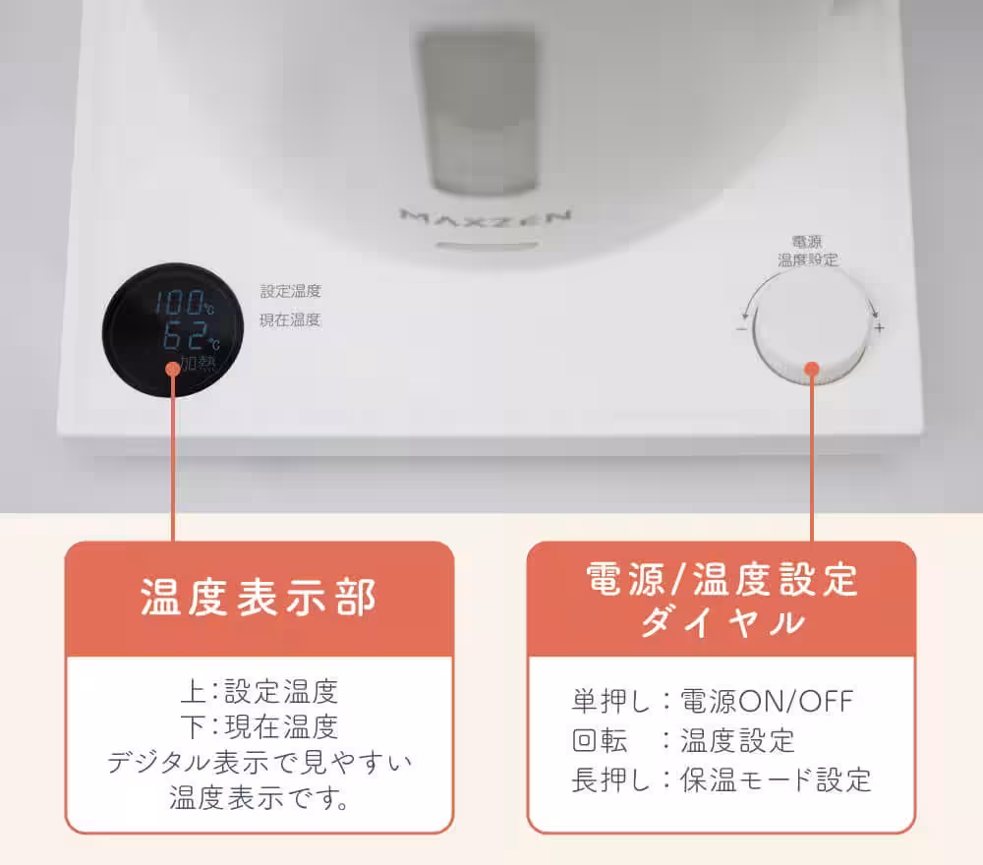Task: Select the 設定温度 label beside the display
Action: pos(290,292)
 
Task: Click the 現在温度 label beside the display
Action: pos(290,319)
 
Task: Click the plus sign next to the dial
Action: pos(879,328)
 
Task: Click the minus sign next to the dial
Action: pos(740,328)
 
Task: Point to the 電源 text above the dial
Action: pos(807,241)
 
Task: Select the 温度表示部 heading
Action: pos(259,598)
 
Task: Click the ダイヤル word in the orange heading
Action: pos(722,622)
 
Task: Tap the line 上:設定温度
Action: pos(259,692)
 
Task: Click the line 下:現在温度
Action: pos(259,726)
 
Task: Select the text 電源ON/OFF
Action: pos(768,701)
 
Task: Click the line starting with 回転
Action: pos(683,740)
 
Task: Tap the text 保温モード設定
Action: pos(776,779)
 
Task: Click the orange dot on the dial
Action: pos(811,370)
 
